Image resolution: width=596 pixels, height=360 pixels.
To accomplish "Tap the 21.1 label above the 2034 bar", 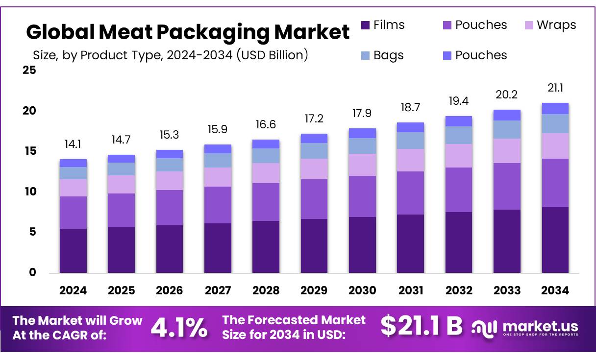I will click(x=555, y=88).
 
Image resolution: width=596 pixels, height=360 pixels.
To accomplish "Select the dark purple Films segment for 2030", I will click(x=362, y=245).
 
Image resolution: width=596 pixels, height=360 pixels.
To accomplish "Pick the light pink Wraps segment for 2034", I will click(x=555, y=146).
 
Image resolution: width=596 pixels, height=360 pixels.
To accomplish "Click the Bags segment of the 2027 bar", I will click(x=218, y=160).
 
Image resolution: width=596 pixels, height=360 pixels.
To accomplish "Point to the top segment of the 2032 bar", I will click(x=459, y=121).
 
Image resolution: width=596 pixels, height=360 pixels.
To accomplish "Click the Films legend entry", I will click(x=383, y=25).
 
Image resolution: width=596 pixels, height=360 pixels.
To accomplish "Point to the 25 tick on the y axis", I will click(x=29, y=70).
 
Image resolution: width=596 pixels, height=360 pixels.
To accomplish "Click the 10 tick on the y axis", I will click(x=29, y=192).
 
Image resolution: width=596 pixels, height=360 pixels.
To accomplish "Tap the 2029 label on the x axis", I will click(x=314, y=290).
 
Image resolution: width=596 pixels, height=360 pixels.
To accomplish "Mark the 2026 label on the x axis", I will click(x=170, y=290).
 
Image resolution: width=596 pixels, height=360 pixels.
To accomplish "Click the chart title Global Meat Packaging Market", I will click(x=188, y=32).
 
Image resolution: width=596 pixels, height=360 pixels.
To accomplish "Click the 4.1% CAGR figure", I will click(x=179, y=328).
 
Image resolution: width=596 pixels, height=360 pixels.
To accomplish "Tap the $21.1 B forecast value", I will click(x=422, y=326).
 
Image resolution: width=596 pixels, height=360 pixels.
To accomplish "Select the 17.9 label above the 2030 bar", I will click(x=362, y=113).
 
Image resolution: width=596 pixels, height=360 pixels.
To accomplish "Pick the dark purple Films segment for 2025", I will click(x=121, y=250).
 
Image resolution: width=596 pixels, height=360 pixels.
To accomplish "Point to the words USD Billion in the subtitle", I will click(x=273, y=55).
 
